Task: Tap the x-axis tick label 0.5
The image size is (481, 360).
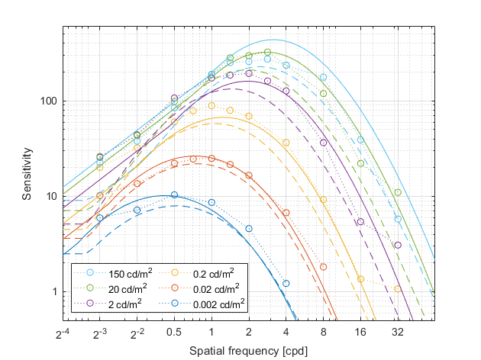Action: coord(174,333)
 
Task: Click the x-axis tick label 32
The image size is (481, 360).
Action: coord(398,333)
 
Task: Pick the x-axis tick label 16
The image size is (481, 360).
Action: coord(360,333)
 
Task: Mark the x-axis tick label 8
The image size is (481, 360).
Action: coord(324,333)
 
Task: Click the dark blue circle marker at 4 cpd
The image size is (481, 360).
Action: coord(286,283)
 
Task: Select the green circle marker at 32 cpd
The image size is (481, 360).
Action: coord(398,192)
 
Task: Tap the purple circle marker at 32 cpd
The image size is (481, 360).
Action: coord(398,245)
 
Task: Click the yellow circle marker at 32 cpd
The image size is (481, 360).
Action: coord(398,288)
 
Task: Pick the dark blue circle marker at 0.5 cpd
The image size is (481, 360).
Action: coord(174,194)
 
